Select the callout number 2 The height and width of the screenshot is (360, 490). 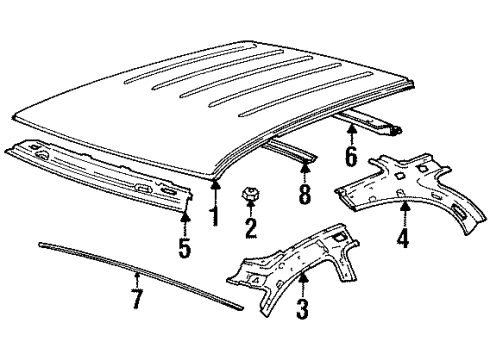pyautogui.click(x=250, y=229)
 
